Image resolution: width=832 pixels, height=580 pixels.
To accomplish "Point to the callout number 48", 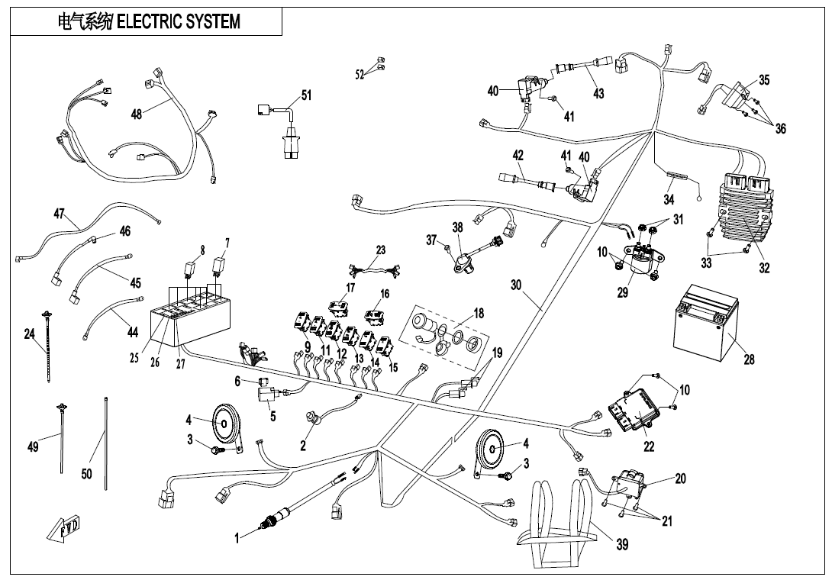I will [x=137, y=114].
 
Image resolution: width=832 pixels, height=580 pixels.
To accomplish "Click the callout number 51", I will [x=306, y=96].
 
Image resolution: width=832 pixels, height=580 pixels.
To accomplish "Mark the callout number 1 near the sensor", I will [x=237, y=538].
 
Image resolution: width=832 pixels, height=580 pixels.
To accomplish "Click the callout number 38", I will [x=457, y=227].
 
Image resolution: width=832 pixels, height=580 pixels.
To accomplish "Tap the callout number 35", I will [x=764, y=80].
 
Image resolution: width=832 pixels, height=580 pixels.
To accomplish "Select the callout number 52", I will [x=360, y=74].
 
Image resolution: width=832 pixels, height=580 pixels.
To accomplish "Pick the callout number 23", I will [x=381, y=250].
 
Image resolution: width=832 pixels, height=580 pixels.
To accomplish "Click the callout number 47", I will [x=59, y=214].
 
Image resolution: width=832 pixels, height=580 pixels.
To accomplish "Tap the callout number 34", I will [x=669, y=199].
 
